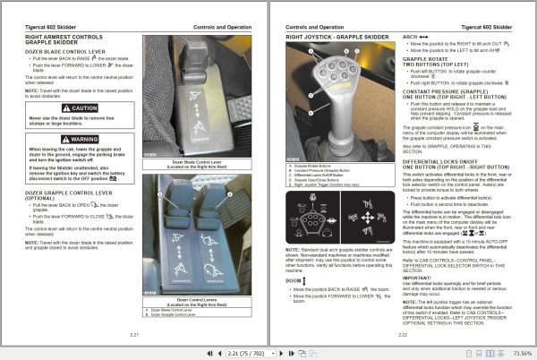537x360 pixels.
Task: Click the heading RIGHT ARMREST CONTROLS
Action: (64, 38)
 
